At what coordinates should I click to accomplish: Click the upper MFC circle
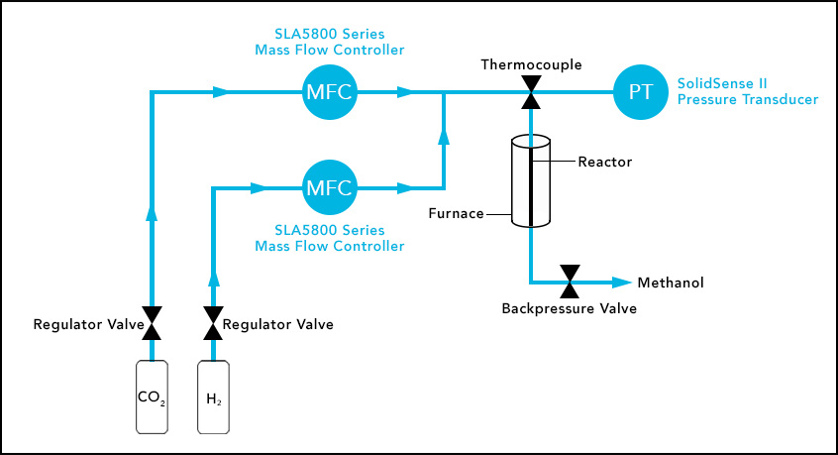click(329, 93)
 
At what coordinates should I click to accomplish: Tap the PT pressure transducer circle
click(640, 93)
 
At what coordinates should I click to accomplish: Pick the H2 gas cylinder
click(213, 398)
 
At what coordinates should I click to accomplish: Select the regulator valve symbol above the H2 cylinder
click(213, 323)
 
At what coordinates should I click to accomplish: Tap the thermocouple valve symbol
click(531, 93)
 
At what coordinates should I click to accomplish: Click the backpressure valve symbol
click(570, 283)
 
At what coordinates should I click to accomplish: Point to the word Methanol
click(670, 284)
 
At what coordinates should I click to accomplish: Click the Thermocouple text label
click(531, 65)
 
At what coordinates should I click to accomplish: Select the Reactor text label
click(604, 162)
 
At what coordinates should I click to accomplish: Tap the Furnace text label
click(457, 213)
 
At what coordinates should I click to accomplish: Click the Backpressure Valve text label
click(570, 308)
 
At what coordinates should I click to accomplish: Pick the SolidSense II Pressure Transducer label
click(747, 92)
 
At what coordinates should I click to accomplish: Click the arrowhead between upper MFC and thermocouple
click(404, 93)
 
